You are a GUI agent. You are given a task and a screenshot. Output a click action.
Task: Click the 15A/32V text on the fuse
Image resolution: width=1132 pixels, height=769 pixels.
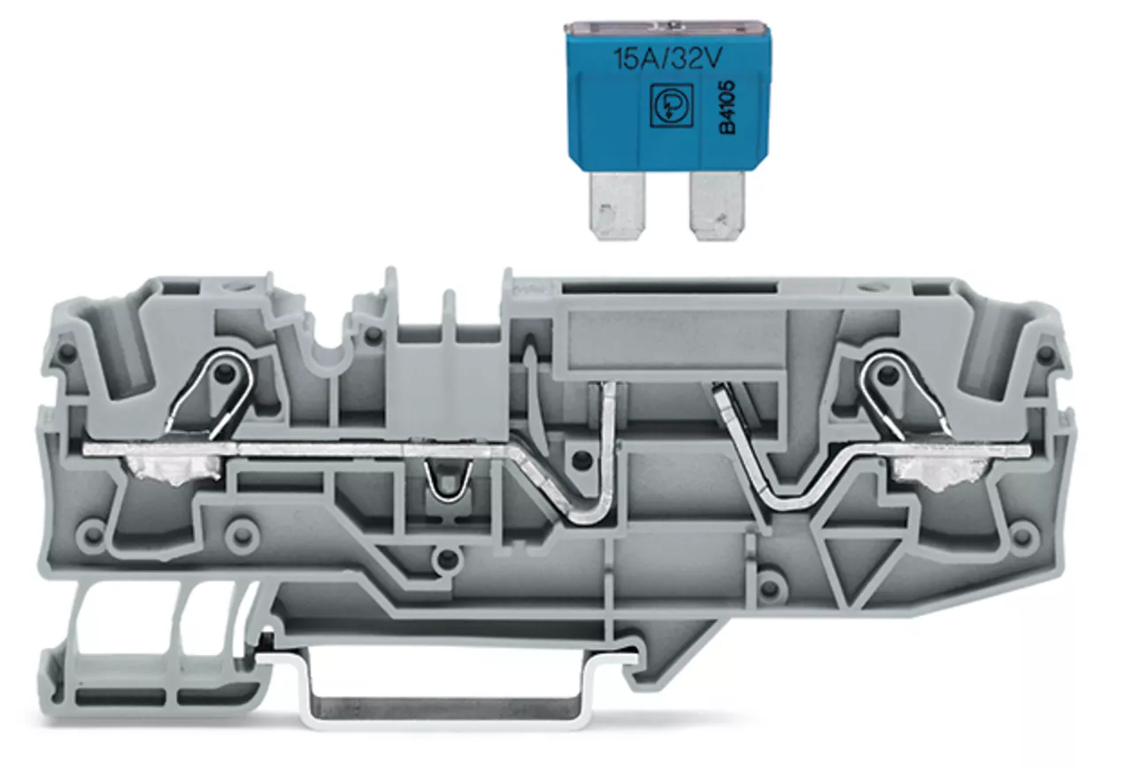(667, 59)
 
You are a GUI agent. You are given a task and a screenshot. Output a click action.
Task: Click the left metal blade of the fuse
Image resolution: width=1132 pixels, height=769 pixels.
(618, 205)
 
